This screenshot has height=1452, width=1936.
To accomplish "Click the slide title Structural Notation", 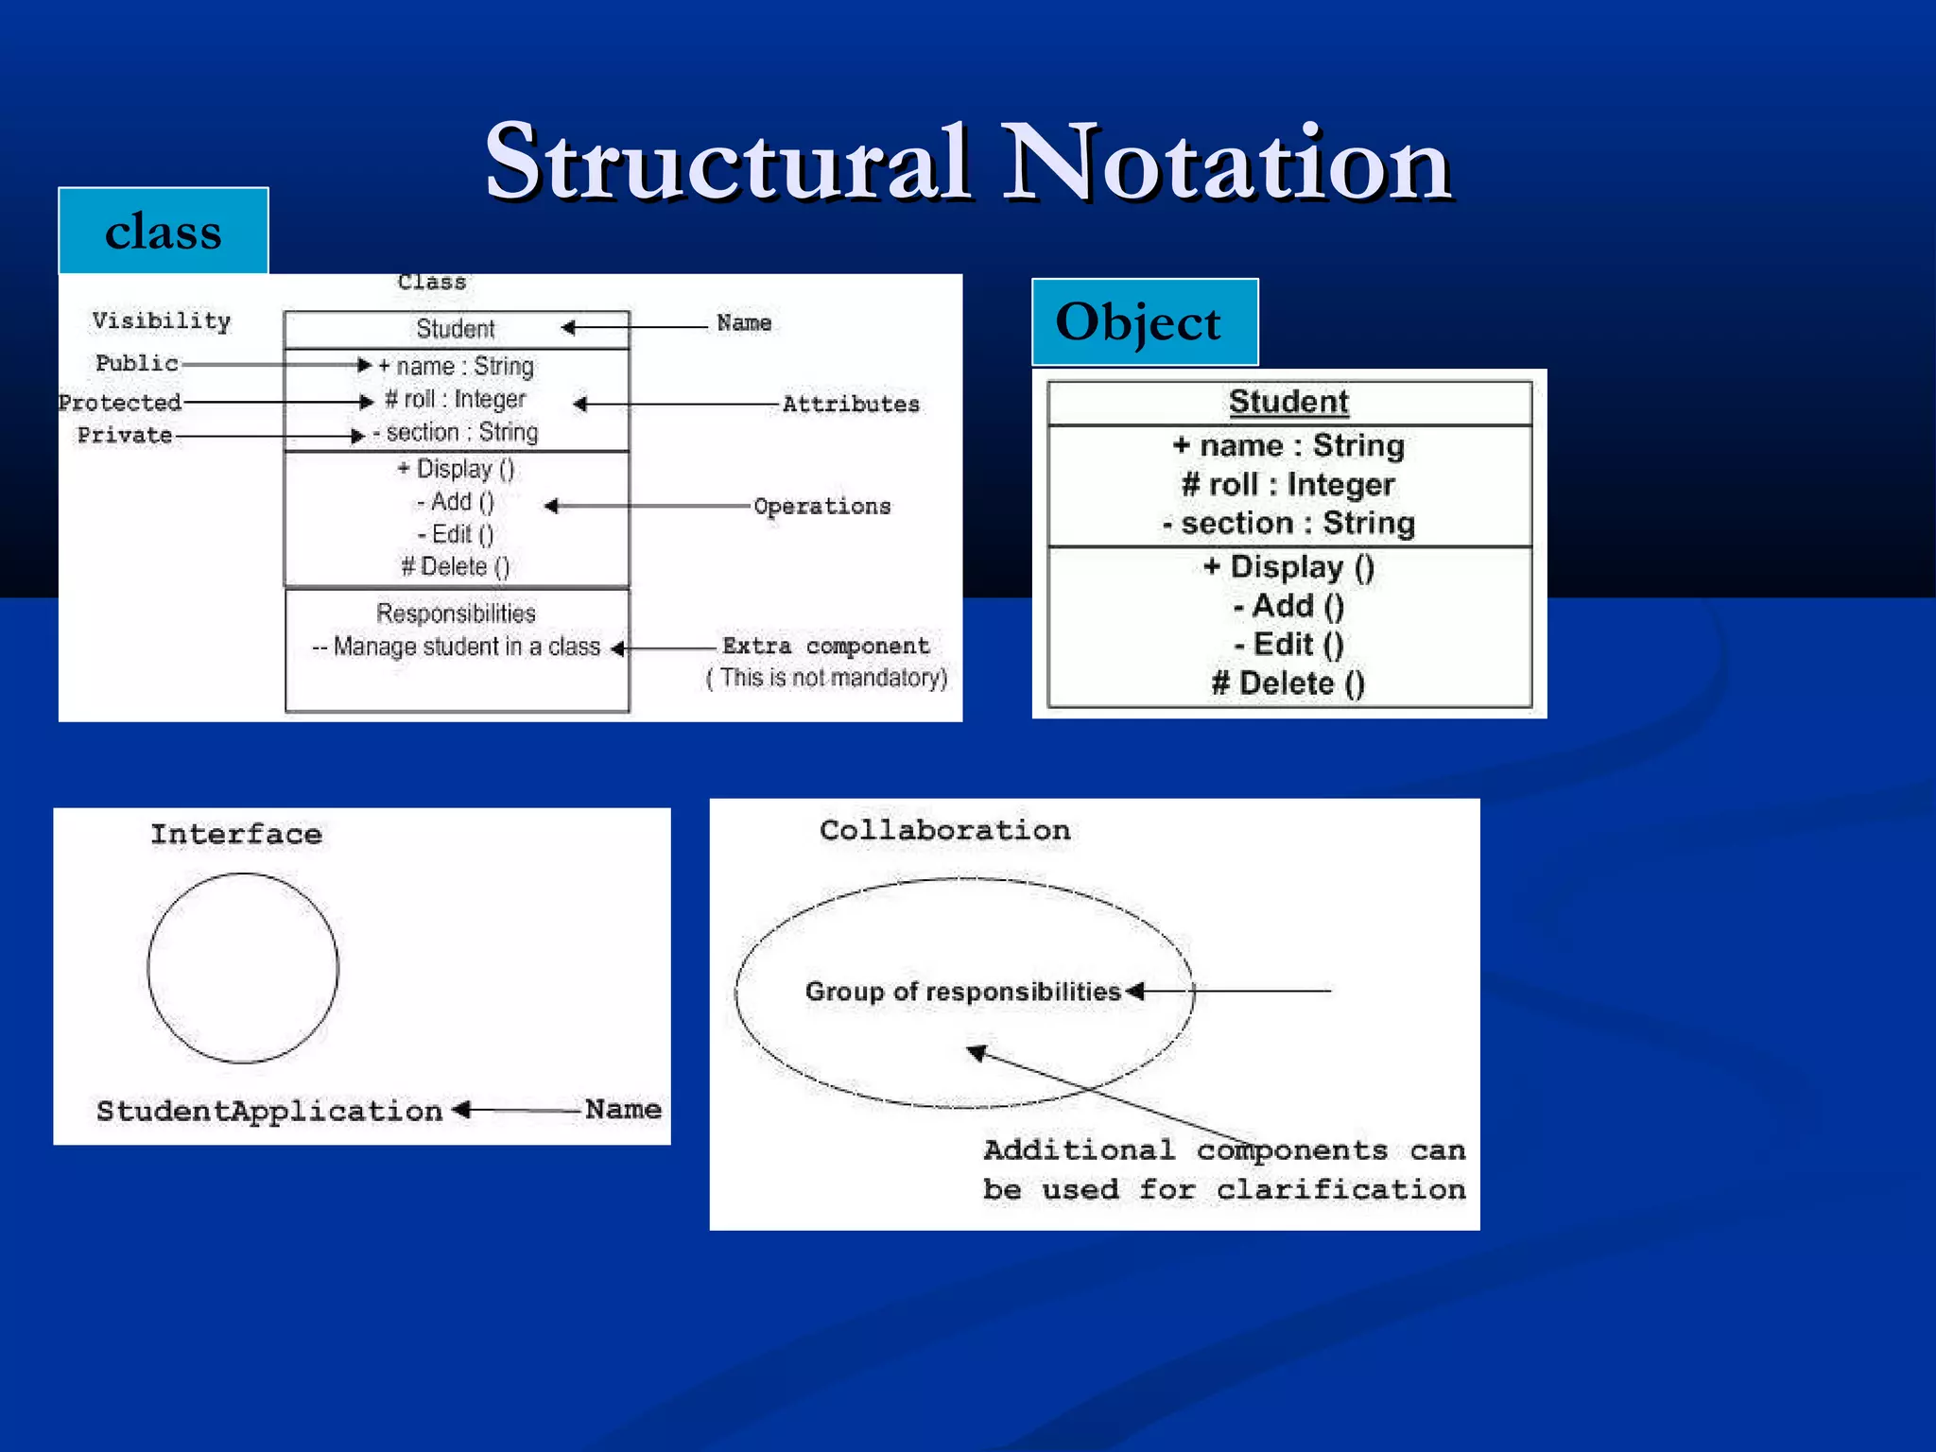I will point(968,163).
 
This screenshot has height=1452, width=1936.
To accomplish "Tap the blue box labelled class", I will point(164,232).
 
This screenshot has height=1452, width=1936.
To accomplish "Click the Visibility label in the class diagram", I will point(162,320).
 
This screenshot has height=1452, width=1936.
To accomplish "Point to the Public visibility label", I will point(137,363).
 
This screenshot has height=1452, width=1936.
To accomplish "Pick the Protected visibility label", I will point(120,403).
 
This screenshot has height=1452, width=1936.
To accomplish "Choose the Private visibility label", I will point(125,435).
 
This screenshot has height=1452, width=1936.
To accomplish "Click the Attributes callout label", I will point(851,404).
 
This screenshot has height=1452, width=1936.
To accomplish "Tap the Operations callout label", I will point(821,506).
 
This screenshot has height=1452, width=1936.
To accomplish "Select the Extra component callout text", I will point(825,646).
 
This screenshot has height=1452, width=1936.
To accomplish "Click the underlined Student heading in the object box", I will point(1288,402).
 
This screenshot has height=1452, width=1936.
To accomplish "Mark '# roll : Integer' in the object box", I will point(1288,484).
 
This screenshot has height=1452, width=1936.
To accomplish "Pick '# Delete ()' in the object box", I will point(1288,683).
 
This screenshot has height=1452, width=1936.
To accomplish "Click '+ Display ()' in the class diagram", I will point(456,469).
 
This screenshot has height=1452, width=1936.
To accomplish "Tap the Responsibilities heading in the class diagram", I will point(456,614).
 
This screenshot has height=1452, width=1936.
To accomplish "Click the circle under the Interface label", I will point(243,968).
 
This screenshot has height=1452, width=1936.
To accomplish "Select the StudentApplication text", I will point(269,1111).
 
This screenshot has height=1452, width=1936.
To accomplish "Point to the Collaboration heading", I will point(944,830).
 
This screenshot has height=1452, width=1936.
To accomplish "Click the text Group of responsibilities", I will point(962,992).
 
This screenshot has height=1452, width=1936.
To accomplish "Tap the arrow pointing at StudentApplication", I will point(515,1110).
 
